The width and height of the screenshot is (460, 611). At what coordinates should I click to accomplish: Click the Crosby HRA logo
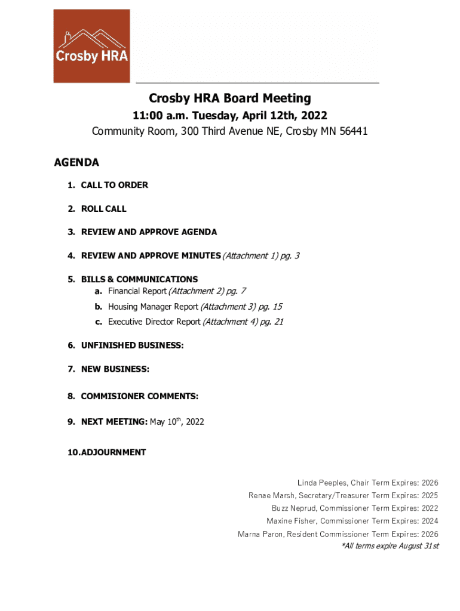tap(91, 46)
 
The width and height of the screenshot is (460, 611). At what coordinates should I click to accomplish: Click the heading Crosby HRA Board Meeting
tap(230, 98)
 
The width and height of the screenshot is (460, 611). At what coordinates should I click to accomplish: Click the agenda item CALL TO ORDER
tap(115, 185)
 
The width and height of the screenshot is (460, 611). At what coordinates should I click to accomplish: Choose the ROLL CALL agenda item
tap(104, 209)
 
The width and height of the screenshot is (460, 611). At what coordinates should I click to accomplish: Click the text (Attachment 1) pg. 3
tap(261, 256)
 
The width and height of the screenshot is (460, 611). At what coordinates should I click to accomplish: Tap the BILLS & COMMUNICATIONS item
tap(139, 279)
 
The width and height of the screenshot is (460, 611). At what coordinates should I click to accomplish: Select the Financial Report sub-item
tap(137, 291)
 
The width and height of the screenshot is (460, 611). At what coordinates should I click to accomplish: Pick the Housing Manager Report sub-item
tap(153, 307)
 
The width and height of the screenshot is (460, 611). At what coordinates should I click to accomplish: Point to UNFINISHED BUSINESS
tap(132, 345)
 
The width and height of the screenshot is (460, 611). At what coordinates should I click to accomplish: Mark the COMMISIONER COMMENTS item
tap(140, 396)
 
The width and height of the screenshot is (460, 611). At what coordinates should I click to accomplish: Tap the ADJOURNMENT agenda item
tap(114, 452)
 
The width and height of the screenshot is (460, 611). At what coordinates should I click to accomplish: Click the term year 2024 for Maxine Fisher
tap(429, 521)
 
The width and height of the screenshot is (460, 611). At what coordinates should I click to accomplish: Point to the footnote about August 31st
tap(390, 546)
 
